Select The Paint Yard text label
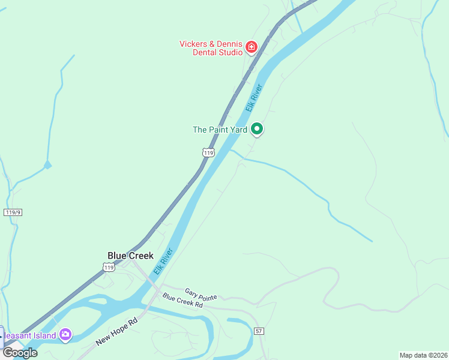click(219, 129)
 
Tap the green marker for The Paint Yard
click(257, 128)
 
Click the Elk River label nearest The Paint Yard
click(255, 97)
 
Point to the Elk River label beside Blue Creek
click(163, 261)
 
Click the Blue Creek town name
click(130, 256)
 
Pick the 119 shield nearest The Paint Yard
click(208, 153)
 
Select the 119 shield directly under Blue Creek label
click(108, 268)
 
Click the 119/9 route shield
click(13, 212)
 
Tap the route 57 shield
click(259, 331)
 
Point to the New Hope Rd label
click(117, 332)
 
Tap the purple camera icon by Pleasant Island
click(65, 335)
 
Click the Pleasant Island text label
click(30, 335)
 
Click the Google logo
click(20, 352)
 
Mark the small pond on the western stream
click(47, 164)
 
